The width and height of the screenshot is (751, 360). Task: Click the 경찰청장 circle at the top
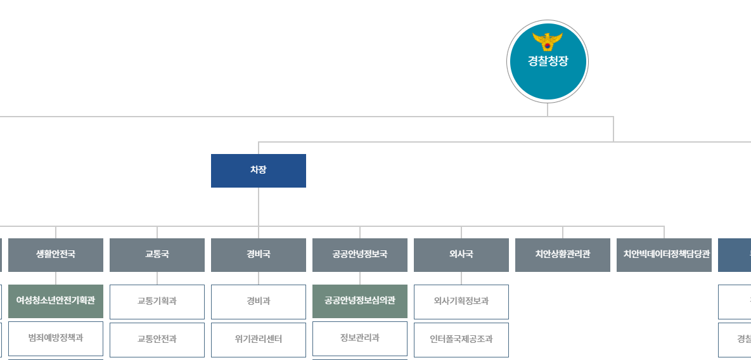548,61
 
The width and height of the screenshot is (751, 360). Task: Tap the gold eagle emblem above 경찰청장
548,42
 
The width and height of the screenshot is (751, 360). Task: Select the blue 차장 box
259,170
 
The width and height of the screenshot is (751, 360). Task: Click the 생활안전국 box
56,255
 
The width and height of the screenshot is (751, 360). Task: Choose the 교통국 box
157,255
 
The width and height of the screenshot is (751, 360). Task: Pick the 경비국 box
259,255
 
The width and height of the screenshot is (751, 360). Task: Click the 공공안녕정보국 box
360,255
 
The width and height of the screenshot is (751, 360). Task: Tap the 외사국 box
461,255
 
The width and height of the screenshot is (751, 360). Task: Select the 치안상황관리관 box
563,255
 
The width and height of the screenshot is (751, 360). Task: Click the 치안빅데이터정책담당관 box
664,255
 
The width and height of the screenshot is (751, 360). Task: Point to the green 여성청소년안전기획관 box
56,301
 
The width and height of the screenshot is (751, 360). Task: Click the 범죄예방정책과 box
56,338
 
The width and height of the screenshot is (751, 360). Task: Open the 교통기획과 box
157,302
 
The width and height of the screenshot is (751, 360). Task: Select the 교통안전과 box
157,339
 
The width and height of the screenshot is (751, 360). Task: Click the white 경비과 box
259,302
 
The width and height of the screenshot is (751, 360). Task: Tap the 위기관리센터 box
259,339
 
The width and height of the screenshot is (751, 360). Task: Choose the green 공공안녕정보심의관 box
360,301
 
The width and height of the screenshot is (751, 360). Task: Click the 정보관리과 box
360,338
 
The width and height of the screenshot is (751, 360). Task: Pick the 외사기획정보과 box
461,302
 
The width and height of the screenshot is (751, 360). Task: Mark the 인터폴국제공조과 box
461,339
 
